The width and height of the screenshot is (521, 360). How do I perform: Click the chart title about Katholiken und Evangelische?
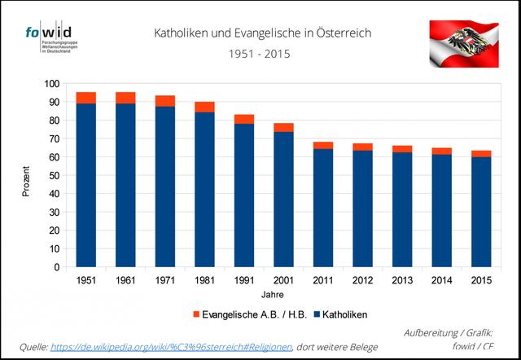(263, 33)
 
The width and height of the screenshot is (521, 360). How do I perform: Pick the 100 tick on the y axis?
(51, 84)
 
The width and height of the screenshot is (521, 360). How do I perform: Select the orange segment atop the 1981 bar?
(204, 107)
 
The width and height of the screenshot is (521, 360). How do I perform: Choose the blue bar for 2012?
(362, 209)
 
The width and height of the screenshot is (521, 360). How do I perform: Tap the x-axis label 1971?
(164, 281)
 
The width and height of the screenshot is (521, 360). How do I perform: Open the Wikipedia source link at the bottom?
(171, 347)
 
